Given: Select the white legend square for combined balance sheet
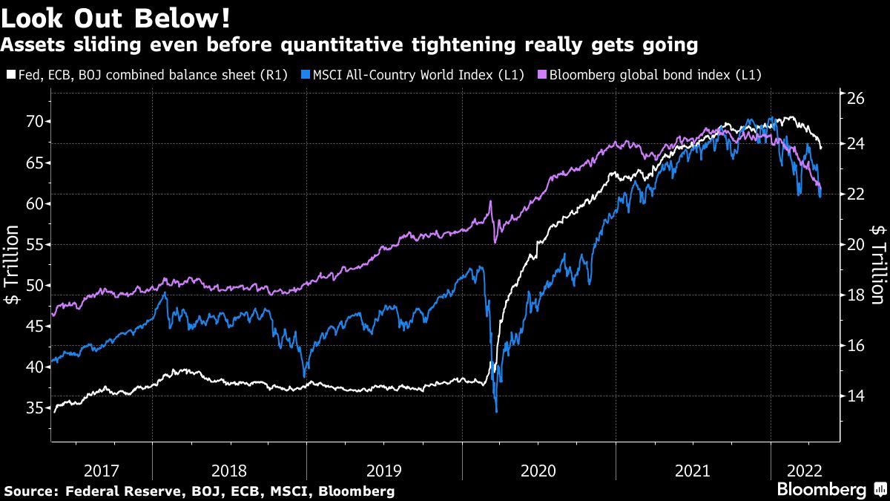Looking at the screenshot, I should point(10,75).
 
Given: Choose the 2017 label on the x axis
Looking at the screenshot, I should point(102,470).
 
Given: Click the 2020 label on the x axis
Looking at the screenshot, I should point(539,470).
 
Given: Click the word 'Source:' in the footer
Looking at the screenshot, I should point(31,491).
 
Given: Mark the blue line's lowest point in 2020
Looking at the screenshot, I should point(496,411).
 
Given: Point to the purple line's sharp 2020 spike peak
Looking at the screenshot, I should point(490,202).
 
